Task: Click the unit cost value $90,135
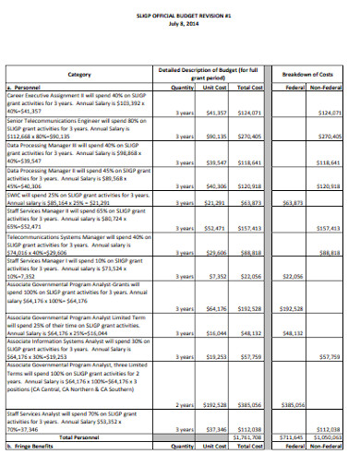click(x=215, y=136)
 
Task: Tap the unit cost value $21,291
click(x=215, y=202)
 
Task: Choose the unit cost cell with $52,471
click(x=215, y=226)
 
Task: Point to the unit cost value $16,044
click(x=215, y=335)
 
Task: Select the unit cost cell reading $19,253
click(x=215, y=354)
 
